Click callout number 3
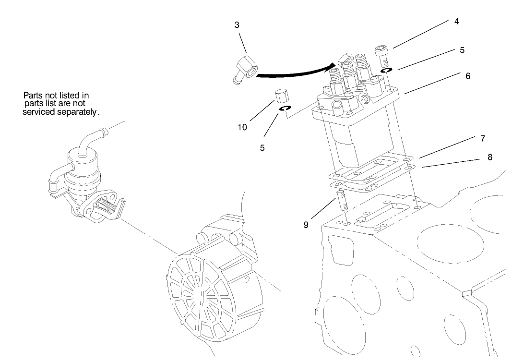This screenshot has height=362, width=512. (x=237, y=25)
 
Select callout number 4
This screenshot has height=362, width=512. (x=456, y=22)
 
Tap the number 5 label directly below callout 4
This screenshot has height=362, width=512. (x=462, y=50)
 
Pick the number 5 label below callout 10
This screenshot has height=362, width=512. (x=262, y=148)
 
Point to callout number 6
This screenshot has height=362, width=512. (x=468, y=76)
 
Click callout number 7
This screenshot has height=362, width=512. (x=482, y=139)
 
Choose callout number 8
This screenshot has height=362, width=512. (x=489, y=157)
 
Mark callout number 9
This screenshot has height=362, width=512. (x=306, y=224)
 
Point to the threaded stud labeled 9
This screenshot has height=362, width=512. (x=342, y=200)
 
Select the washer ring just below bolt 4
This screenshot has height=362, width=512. (x=385, y=71)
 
